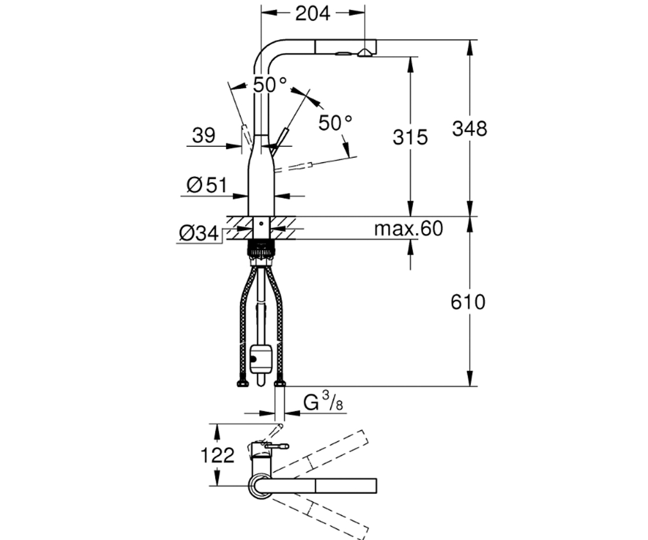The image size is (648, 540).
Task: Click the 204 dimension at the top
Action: tap(313, 13)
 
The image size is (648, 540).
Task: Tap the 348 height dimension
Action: tap(469, 129)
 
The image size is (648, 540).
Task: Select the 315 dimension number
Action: tap(410, 137)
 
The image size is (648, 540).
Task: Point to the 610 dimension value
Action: tap(468, 302)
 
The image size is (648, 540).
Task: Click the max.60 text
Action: tap(408, 229)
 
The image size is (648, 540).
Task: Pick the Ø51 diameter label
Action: tap(207, 185)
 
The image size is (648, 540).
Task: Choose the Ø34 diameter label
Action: tap(199, 233)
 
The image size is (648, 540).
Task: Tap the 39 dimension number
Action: tap(204, 136)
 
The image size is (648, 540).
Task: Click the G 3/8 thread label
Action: tap(323, 402)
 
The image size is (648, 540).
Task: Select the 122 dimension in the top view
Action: tap(217, 455)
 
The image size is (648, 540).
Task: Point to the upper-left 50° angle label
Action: tap(269, 85)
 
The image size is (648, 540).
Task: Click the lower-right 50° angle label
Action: tap(335, 123)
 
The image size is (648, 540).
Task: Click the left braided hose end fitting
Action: tap(242, 383)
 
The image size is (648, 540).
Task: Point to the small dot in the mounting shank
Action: tap(261, 223)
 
